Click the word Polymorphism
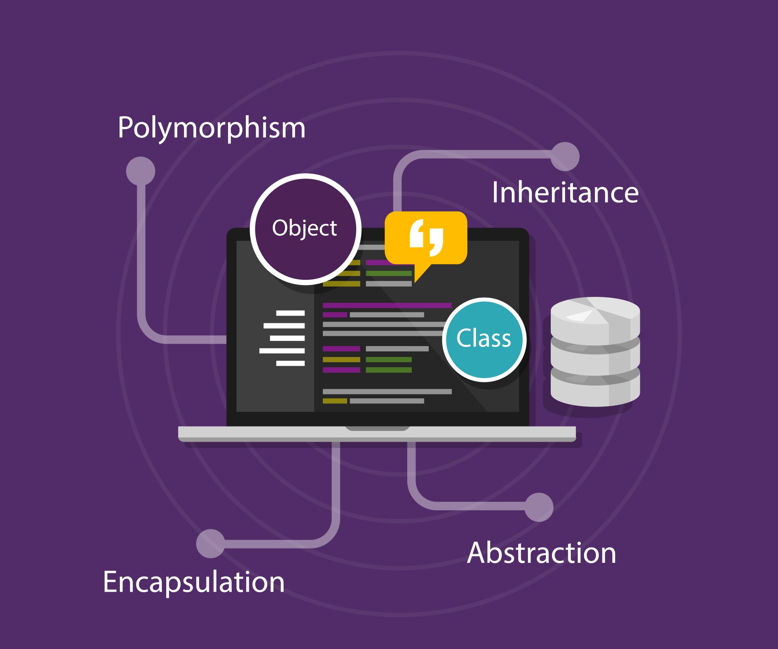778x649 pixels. pos(211,128)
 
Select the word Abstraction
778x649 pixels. pos(541,553)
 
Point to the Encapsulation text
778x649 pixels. pos(193,582)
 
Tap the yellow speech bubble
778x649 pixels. pos(426,237)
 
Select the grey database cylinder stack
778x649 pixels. pos(595,351)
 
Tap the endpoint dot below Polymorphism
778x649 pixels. pos(141,171)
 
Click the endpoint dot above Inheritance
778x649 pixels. pos(565,157)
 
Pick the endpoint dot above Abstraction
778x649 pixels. pos(539,507)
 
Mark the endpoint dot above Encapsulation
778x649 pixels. pos(211,544)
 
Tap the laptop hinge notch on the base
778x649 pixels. pos(377,428)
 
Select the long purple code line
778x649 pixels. pos(387,305)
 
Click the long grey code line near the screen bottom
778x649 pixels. pos(387,392)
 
